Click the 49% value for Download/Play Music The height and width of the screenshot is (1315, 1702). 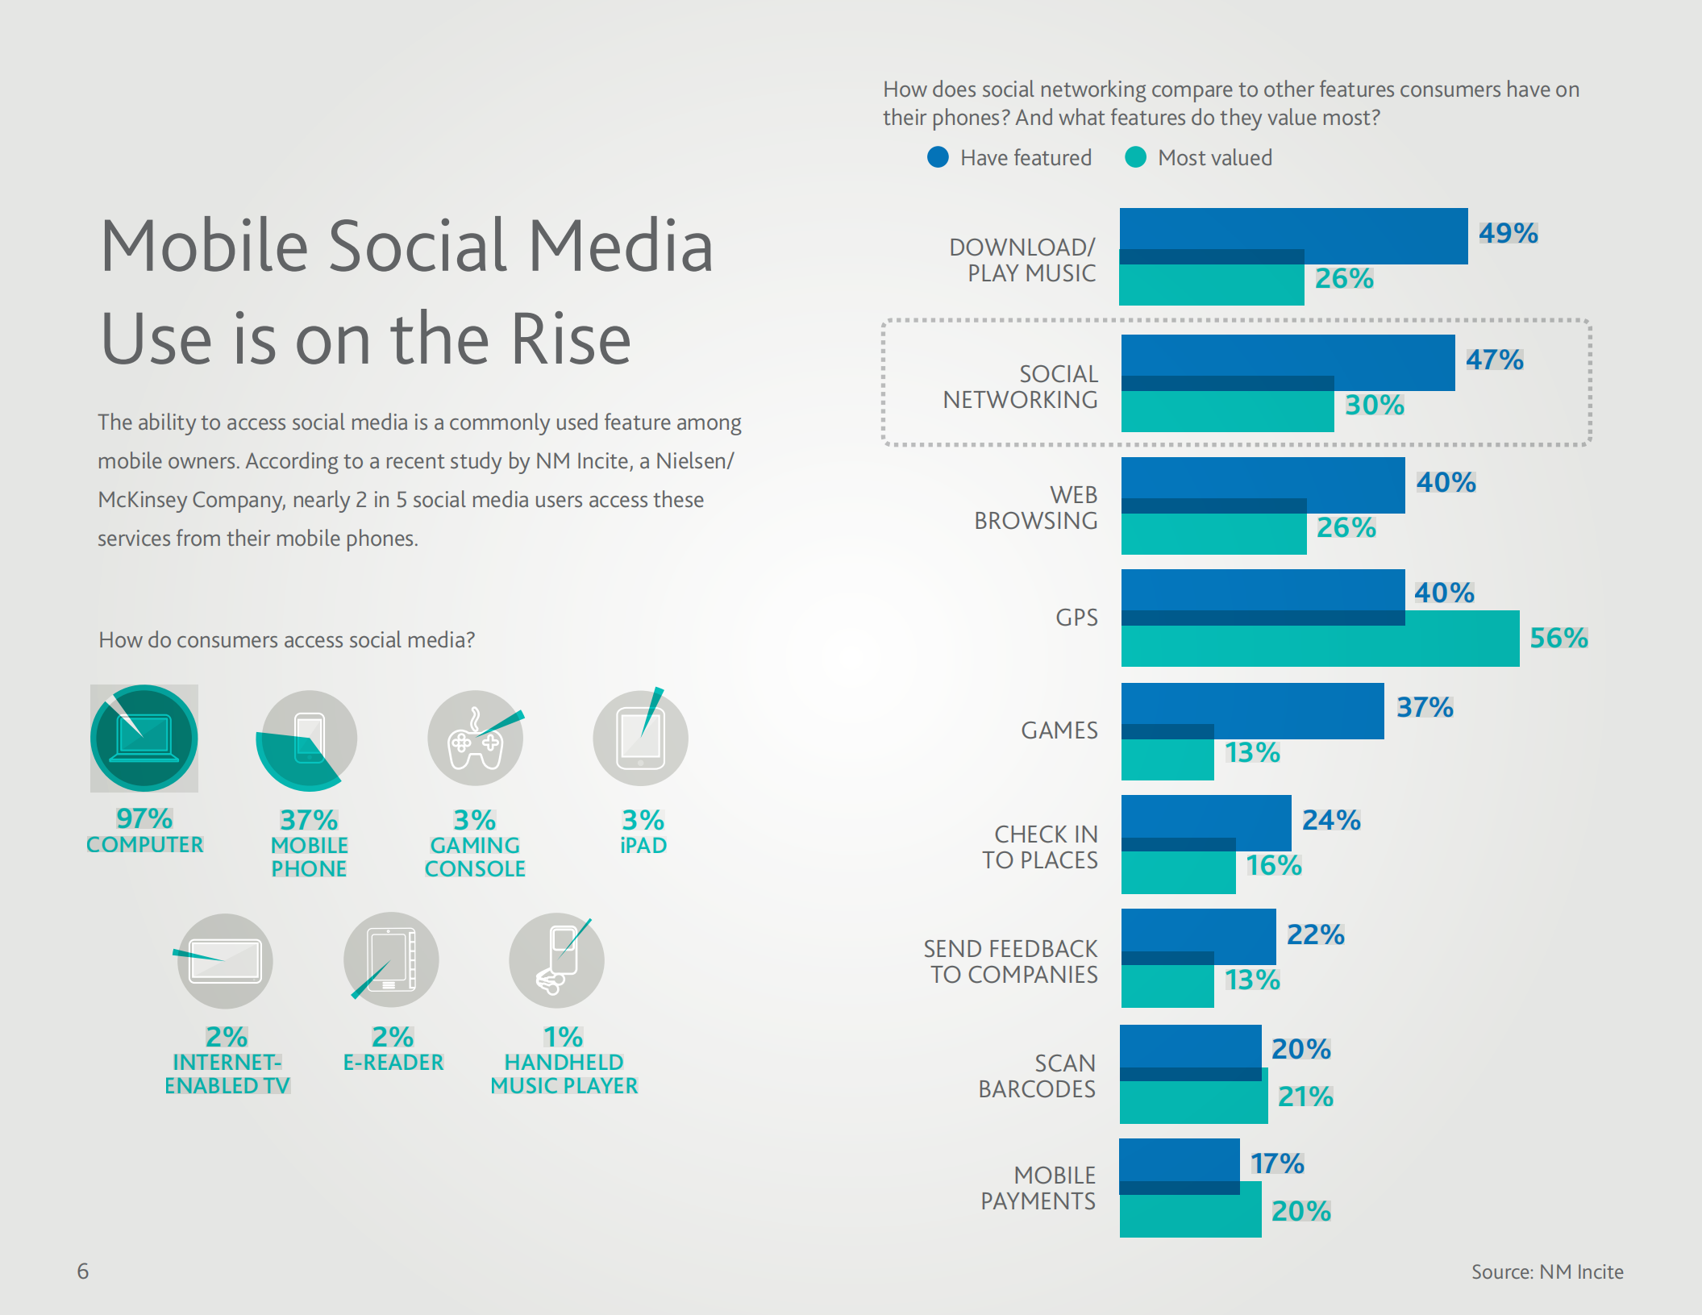tap(1508, 233)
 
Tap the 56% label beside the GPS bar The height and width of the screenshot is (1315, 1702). tap(1558, 638)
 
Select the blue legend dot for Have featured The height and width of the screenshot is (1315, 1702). tap(938, 157)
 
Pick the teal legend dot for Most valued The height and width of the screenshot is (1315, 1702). tap(1135, 157)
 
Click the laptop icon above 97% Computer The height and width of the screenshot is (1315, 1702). tap(144, 738)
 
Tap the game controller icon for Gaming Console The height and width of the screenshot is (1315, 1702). tap(476, 739)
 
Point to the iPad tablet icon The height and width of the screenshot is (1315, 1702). tap(641, 739)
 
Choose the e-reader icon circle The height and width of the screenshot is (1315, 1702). tap(391, 960)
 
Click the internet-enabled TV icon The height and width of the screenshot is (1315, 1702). tap(226, 961)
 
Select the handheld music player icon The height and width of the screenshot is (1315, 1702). tap(557, 960)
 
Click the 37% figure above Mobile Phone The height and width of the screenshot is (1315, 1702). tap(309, 820)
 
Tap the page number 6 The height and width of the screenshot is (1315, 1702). tap(83, 1271)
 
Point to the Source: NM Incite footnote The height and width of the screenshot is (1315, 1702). tap(1547, 1271)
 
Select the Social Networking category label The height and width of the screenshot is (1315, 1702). tap(1021, 387)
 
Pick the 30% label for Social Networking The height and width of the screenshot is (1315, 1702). tap(1375, 405)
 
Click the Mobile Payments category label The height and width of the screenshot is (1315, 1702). tap(1038, 1188)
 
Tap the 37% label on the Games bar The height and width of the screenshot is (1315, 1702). tap(1425, 707)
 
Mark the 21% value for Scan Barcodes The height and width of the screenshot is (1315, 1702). tap(1305, 1097)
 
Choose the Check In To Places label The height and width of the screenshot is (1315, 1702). tap(1040, 847)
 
